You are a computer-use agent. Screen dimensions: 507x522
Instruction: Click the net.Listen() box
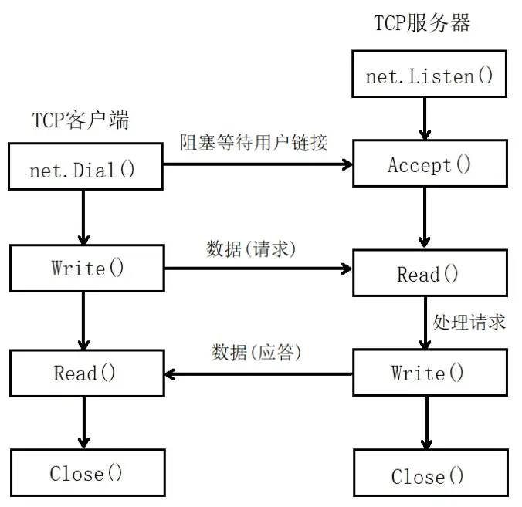(x=429, y=75)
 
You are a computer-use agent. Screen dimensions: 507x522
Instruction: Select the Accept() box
(x=429, y=164)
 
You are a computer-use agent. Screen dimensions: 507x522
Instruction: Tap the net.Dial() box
(x=85, y=168)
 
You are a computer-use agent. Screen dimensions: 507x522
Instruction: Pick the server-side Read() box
(x=429, y=274)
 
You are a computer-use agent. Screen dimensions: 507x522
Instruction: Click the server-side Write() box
(x=429, y=373)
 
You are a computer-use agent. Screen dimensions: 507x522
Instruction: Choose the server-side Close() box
(x=429, y=475)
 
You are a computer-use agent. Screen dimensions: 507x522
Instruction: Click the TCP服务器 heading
(x=422, y=22)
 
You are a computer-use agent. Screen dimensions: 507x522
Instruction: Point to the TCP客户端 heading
(x=80, y=120)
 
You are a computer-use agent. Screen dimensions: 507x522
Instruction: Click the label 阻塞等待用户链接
(x=254, y=142)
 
